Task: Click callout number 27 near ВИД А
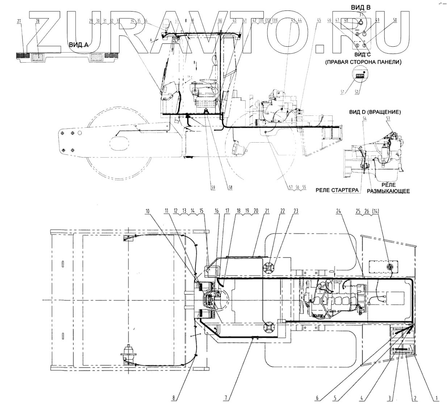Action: click(x=19, y=21)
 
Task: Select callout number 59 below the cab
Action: click(x=213, y=187)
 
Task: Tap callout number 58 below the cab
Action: click(x=229, y=187)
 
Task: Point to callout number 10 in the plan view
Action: click(x=147, y=210)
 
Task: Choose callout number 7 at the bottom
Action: click(x=226, y=398)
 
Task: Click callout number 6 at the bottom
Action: click(x=317, y=398)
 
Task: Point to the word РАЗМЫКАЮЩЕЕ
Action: click(x=388, y=191)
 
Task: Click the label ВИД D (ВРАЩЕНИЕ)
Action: click(x=375, y=112)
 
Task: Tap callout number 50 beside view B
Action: click(x=395, y=21)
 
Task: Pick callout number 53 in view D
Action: click(x=388, y=118)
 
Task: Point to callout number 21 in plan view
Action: click(x=268, y=210)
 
